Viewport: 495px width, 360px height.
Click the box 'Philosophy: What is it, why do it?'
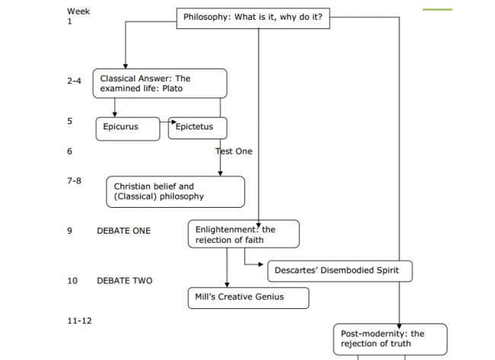coord(254,18)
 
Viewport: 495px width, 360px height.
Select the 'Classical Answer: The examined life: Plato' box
coord(160,84)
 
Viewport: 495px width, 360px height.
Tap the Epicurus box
coord(128,128)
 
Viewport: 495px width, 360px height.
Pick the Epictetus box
coord(197,128)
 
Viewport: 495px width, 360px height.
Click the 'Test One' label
coord(234,151)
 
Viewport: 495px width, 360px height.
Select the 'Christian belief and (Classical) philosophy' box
coord(175,192)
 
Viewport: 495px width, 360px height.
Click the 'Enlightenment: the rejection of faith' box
coord(243,234)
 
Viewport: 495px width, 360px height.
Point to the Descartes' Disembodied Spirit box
coord(340,271)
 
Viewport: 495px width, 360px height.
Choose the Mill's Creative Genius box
coord(248,298)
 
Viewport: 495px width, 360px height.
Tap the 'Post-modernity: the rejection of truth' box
coord(389,339)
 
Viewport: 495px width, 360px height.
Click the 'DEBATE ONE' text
coord(123,231)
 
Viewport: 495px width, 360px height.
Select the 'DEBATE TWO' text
coord(124,281)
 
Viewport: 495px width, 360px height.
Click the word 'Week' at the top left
coord(78,11)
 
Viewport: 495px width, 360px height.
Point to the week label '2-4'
coord(74,80)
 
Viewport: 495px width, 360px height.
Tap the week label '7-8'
coord(74,181)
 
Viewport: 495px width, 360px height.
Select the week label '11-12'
coord(79,321)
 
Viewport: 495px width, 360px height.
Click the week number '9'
coord(69,231)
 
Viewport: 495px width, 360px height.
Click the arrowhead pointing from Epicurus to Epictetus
coord(173,122)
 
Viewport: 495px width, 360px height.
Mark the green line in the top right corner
coord(436,10)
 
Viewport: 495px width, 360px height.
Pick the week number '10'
coord(72,281)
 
